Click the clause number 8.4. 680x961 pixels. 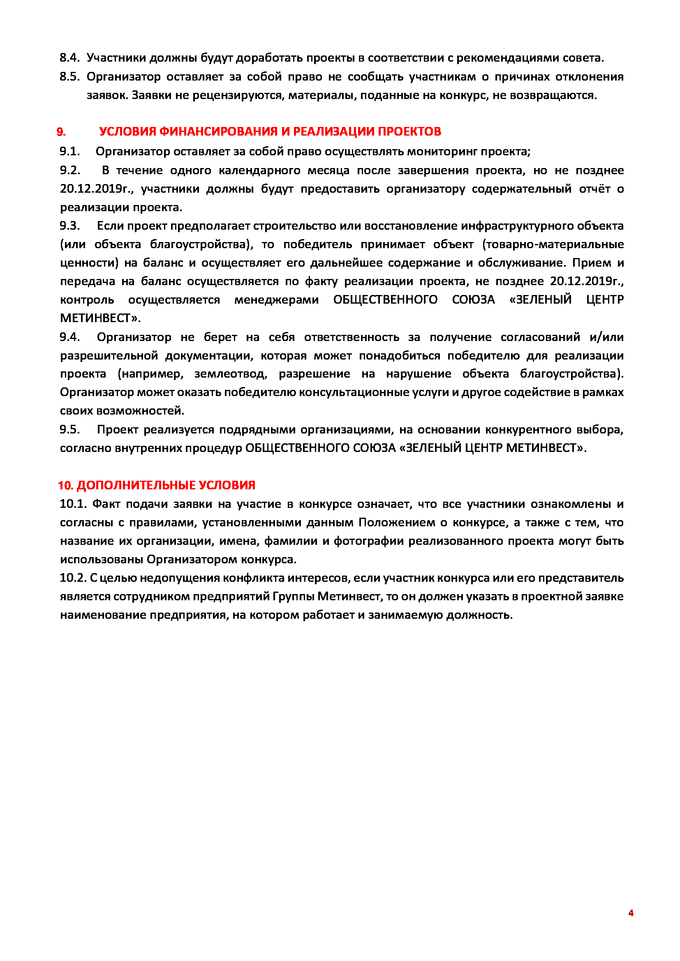[69, 58]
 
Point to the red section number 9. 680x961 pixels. [61, 132]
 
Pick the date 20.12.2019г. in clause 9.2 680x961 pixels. [96, 189]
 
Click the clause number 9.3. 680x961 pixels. [69, 226]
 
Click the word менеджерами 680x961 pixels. [276, 300]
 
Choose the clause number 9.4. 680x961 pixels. [69, 337]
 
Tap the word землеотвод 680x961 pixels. [230, 374]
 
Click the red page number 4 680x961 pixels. [631, 913]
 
